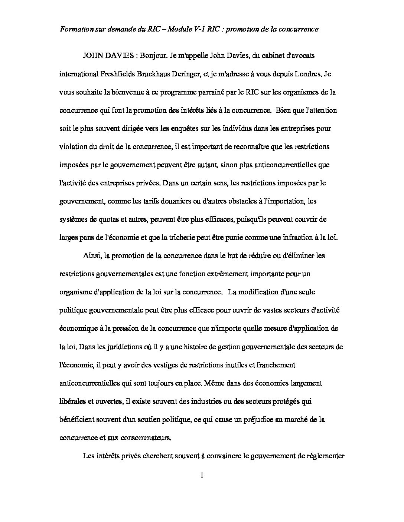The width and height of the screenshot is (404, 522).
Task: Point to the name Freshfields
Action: (x=118, y=74)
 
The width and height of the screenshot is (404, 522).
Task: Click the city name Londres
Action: (x=306, y=74)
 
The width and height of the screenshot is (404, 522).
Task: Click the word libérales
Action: (x=73, y=401)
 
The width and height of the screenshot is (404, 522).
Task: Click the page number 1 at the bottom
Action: (x=202, y=475)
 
